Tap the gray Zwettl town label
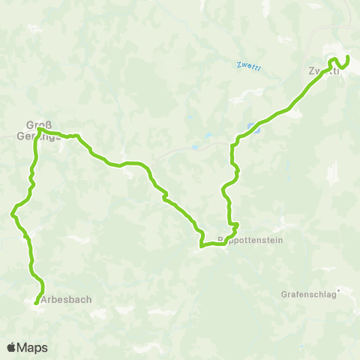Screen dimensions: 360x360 pyautogui.click(x=320, y=72)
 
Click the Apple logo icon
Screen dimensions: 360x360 pyautogui.click(x=12, y=347)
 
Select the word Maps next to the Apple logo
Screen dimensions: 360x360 pyautogui.click(x=33, y=347)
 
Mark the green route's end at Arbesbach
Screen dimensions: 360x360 pyautogui.click(x=36, y=303)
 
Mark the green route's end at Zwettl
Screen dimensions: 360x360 pyautogui.click(x=348, y=57)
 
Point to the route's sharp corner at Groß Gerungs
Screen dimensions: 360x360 pyautogui.click(x=39, y=129)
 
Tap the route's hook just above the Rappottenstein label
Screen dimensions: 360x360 pyautogui.click(x=235, y=224)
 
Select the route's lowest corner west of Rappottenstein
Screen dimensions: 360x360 pyautogui.click(x=201, y=244)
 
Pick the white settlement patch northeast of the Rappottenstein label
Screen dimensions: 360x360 pyautogui.click(x=282, y=225)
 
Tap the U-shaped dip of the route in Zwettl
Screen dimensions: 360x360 pyautogui.click(x=340, y=67)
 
